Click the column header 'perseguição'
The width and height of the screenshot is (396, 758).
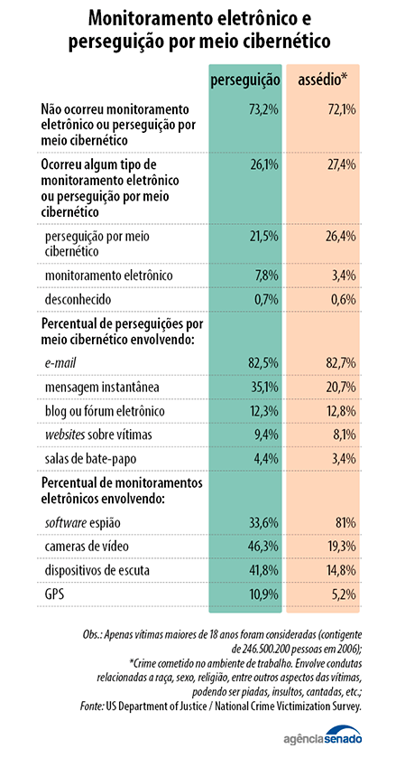click(245, 80)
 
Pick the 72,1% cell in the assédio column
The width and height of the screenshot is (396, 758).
click(342, 109)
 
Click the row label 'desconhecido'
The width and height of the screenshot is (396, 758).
click(78, 299)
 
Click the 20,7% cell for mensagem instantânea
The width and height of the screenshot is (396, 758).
click(341, 387)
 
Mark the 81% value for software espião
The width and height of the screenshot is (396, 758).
click(345, 522)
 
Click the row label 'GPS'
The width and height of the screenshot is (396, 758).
click(54, 594)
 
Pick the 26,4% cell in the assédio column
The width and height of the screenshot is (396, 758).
click(341, 237)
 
